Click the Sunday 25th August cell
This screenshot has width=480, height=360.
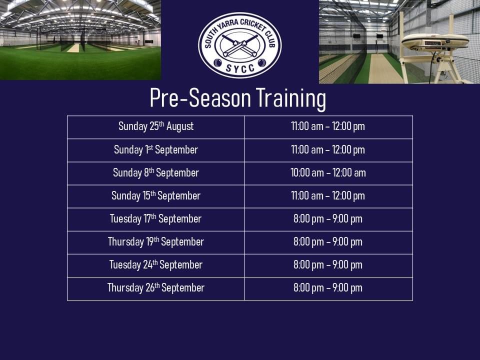(x=156, y=126)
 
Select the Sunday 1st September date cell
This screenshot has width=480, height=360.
(x=156, y=150)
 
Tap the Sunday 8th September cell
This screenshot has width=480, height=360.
(x=156, y=173)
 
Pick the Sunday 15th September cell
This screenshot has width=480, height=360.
(x=156, y=196)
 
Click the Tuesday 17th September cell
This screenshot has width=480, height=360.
(x=156, y=219)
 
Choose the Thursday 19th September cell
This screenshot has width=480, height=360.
(x=156, y=242)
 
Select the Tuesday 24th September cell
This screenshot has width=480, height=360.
(x=156, y=265)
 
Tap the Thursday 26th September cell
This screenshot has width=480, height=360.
(x=156, y=288)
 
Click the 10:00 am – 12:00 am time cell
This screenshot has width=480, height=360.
(x=328, y=173)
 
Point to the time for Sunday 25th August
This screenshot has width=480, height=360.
(x=328, y=126)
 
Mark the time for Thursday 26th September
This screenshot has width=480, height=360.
(x=328, y=288)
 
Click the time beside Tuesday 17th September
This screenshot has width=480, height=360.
(x=328, y=219)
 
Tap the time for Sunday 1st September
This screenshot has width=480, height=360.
(x=328, y=150)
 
